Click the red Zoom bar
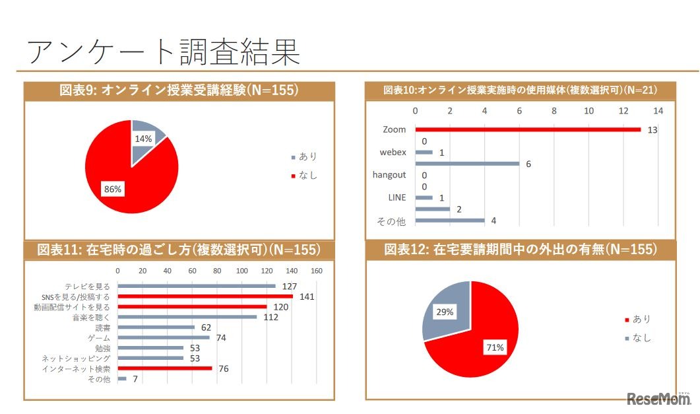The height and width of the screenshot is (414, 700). click(x=528, y=129)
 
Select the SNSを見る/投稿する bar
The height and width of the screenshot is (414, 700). click(x=205, y=296)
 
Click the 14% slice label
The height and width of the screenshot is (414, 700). click(x=143, y=139)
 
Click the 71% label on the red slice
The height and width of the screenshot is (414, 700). click(x=495, y=347)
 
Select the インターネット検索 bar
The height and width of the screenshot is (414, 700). click(x=165, y=368)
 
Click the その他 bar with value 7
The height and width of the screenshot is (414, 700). click(x=122, y=379)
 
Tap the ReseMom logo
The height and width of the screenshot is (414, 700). click(x=657, y=399)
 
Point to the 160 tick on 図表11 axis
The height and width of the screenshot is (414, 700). click(x=316, y=271)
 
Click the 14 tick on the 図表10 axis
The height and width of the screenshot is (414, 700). click(x=658, y=110)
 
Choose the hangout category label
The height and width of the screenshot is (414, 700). click(x=389, y=175)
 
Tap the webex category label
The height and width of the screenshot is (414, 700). click(x=393, y=152)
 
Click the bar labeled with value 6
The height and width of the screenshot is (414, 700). click(x=467, y=163)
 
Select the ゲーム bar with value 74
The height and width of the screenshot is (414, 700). click(x=164, y=337)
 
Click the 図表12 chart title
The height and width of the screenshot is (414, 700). click(x=521, y=249)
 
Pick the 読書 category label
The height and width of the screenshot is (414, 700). click(x=103, y=328)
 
